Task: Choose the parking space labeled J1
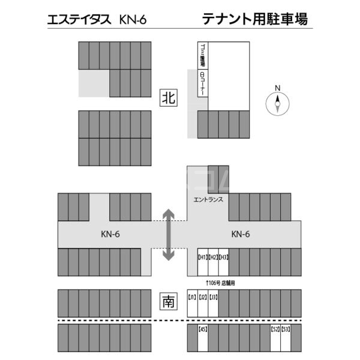point(192,304)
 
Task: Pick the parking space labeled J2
point(203,304)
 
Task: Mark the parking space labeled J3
point(213,304)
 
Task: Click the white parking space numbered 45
point(203,339)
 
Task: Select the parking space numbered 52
point(275,339)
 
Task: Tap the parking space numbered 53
point(286,339)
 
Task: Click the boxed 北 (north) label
point(169,98)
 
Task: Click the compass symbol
point(277,103)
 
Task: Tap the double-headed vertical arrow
point(169,234)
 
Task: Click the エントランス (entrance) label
point(209,199)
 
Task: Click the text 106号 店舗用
point(220,282)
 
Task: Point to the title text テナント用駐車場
point(256,20)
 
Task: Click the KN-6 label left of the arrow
point(110,234)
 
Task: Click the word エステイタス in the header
point(79,20)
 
